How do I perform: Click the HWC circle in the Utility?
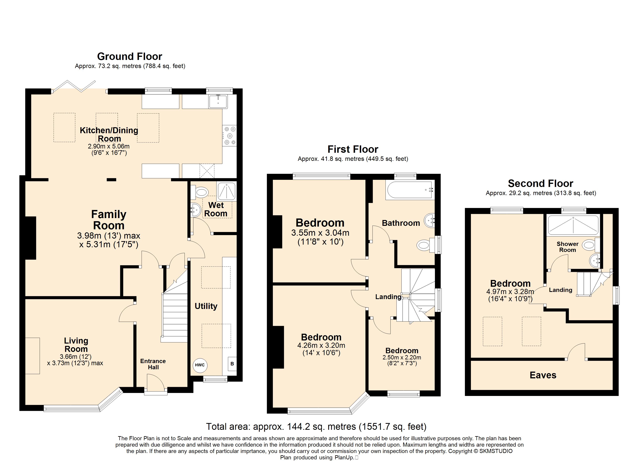pyautogui.click(x=200, y=365)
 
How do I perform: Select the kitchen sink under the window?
pyautogui.click(x=218, y=101)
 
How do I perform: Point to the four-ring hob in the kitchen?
pyautogui.click(x=229, y=136)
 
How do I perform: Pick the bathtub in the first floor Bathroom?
pyautogui.click(x=410, y=190)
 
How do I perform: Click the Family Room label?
pyautogui.click(x=109, y=220)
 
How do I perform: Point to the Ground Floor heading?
pyautogui.click(x=130, y=57)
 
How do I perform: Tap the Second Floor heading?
pyautogui.click(x=540, y=183)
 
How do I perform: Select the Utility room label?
pyautogui.click(x=206, y=306)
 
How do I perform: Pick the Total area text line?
pyautogui.click(x=316, y=426)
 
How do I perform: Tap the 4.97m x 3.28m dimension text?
pyautogui.click(x=510, y=292)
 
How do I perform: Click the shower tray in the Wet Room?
pyautogui.click(x=226, y=191)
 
